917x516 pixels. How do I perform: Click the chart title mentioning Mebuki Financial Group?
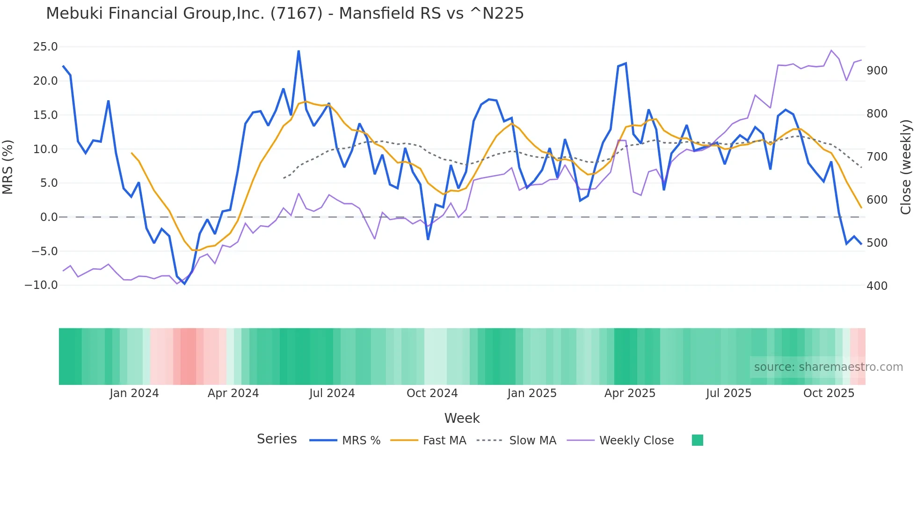click(284, 14)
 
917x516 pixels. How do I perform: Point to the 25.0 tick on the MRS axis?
click(45, 47)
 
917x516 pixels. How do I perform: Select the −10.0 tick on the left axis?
click(41, 285)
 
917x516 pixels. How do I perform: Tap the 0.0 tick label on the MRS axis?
click(49, 217)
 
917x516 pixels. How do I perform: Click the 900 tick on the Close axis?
click(877, 71)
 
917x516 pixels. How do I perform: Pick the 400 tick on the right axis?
click(877, 286)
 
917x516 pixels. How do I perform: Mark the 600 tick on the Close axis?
click(877, 200)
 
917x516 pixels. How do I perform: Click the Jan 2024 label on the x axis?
click(134, 393)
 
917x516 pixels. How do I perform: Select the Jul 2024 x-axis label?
click(332, 393)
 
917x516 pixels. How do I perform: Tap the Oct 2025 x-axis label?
click(829, 393)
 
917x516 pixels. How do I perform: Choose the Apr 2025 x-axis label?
click(630, 393)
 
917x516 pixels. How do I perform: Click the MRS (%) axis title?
click(8, 167)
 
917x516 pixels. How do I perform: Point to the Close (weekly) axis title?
click(906, 167)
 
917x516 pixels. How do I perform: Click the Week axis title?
click(462, 418)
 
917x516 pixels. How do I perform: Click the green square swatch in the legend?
click(697, 440)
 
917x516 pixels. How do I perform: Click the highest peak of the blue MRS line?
click(298, 51)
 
